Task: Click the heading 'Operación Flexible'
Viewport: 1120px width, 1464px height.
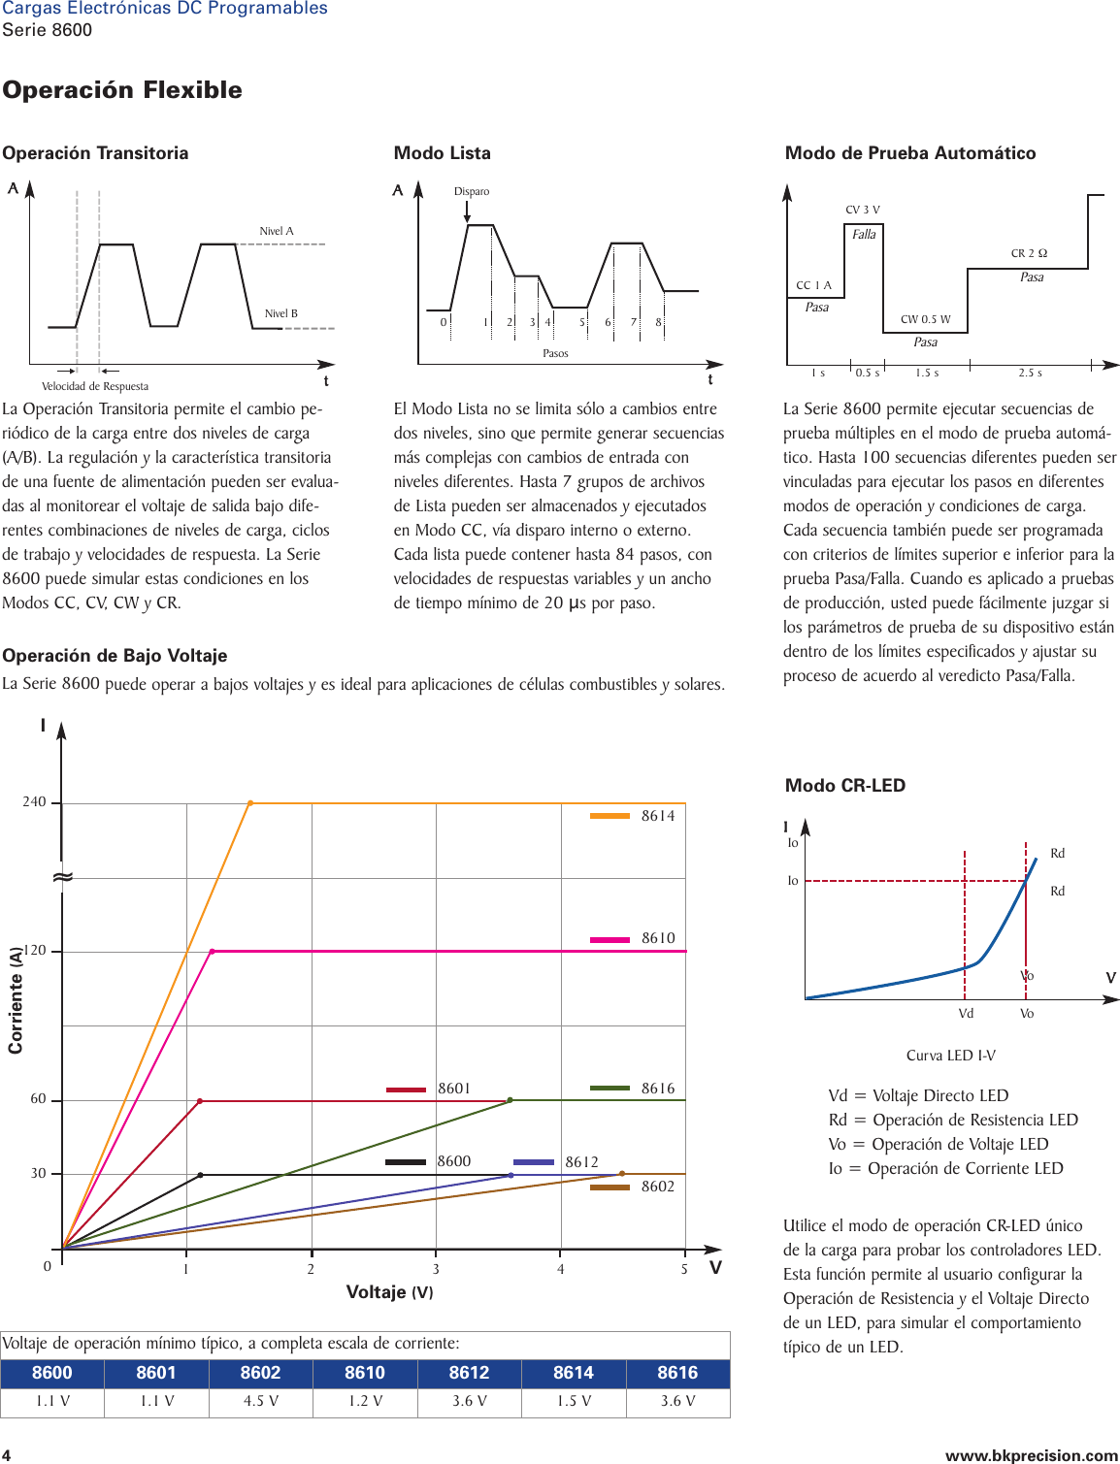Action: coord(122,90)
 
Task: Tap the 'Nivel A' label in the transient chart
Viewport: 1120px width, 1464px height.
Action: coord(276,231)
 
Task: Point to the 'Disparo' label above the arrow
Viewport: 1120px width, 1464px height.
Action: coord(472,191)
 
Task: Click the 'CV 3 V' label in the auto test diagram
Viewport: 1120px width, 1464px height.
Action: coord(862,210)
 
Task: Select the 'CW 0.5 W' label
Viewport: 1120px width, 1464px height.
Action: coord(925,319)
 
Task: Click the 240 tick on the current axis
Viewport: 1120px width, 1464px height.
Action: coord(34,802)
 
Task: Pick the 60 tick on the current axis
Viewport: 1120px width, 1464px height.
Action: coord(38,1099)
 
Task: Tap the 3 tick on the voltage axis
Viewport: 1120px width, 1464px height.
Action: coord(436,1269)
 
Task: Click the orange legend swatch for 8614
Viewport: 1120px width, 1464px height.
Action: coord(609,816)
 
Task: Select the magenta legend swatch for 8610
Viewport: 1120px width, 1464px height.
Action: coord(609,939)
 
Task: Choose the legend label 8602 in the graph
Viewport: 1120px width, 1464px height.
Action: coord(657,1187)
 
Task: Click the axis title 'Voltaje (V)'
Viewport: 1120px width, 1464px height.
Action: coord(389,1292)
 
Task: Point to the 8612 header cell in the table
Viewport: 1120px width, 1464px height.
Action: coord(469,1373)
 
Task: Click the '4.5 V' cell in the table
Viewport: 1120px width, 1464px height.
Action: coord(260,1401)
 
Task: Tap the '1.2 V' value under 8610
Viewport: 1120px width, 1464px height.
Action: coord(365,1401)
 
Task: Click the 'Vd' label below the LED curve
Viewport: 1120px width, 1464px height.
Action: coord(966,1014)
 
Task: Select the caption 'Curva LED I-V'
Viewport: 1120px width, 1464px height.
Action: coord(950,1056)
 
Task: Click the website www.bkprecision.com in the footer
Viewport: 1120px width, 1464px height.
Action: coord(1031,1455)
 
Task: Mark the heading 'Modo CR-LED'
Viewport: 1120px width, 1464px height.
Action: coord(844,786)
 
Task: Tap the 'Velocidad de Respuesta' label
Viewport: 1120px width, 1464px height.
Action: coord(95,386)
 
